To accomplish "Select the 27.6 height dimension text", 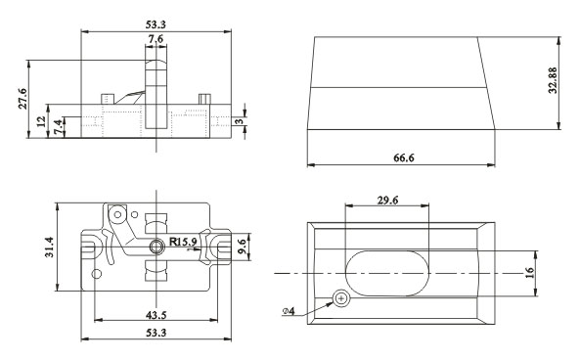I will coord(22,100).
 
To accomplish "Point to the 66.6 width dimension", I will coord(402,157).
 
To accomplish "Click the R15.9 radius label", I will coord(185,241).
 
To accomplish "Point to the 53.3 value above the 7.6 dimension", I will coord(156,21).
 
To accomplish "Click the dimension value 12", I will coord(41,122).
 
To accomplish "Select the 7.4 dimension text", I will coord(60,127).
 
